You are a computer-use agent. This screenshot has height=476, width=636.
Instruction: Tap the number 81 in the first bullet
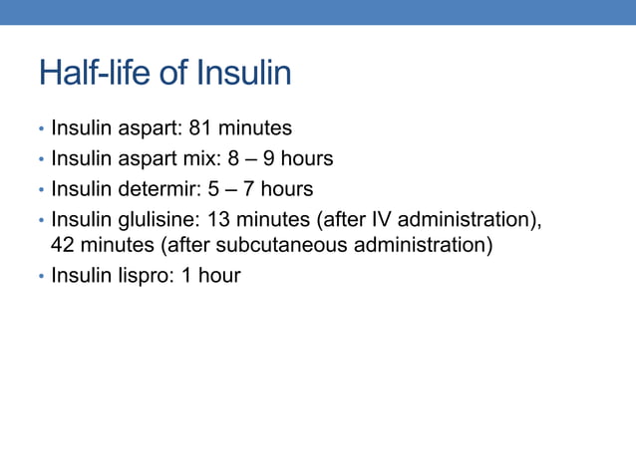[201, 128]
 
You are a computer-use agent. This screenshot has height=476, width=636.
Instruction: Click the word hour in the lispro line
[218, 276]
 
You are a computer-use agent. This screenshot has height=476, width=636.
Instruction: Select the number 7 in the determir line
[248, 189]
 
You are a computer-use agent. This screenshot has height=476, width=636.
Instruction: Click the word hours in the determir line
[287, 189]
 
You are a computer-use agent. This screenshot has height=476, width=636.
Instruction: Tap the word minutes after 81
[255, 128]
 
